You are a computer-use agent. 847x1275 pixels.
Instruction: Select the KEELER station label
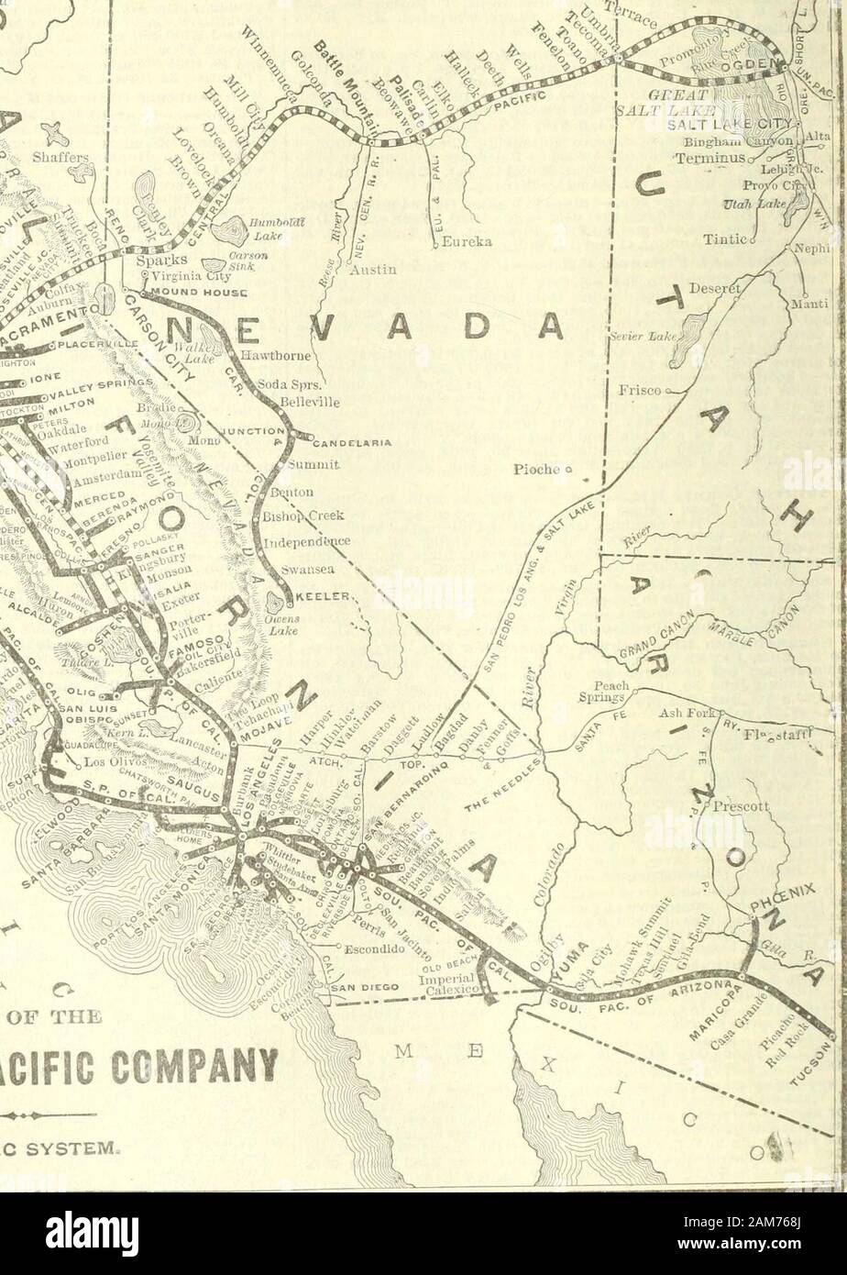click(324, 596)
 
